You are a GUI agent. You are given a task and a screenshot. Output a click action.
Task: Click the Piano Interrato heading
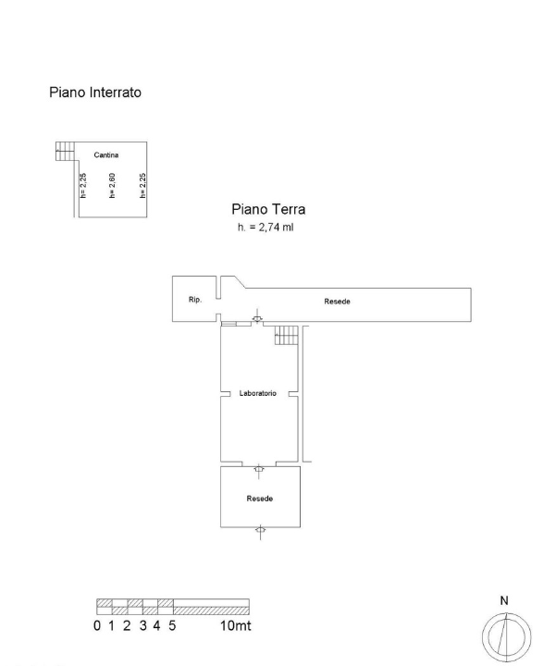[x=94, y=92]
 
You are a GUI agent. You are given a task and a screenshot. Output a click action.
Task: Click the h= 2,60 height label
[x=112, y=186]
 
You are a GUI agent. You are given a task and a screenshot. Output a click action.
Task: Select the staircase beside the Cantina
[x=66, y=151]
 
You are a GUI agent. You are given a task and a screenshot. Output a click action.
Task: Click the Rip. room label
[x=195, y=301]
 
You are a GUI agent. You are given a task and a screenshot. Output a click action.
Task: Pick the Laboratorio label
[x=259, y=393]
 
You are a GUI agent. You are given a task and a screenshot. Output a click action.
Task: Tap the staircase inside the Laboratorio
[x=287, y=336]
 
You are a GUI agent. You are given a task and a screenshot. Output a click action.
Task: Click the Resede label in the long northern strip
[x=337, y=302]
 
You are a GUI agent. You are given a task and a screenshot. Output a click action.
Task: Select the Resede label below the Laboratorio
[x=259, y=499]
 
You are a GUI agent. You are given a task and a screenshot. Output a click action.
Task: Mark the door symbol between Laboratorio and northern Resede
[x=258, y=321]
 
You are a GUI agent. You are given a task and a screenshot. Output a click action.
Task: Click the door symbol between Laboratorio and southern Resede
[x=259, y=468]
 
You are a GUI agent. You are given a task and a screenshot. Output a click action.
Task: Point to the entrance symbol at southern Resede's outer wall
[x=260, y=531]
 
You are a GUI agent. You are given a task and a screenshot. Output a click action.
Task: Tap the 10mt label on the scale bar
[x=236, y=626]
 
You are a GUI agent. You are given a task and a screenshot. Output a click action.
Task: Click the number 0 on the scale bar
[x=97, y=626]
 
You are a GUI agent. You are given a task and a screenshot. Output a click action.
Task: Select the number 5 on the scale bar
[x=173, y=626]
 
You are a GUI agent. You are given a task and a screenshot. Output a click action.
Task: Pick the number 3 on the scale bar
[x=142, y=626]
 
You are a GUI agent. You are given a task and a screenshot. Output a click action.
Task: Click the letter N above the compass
[x=504, y=600]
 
